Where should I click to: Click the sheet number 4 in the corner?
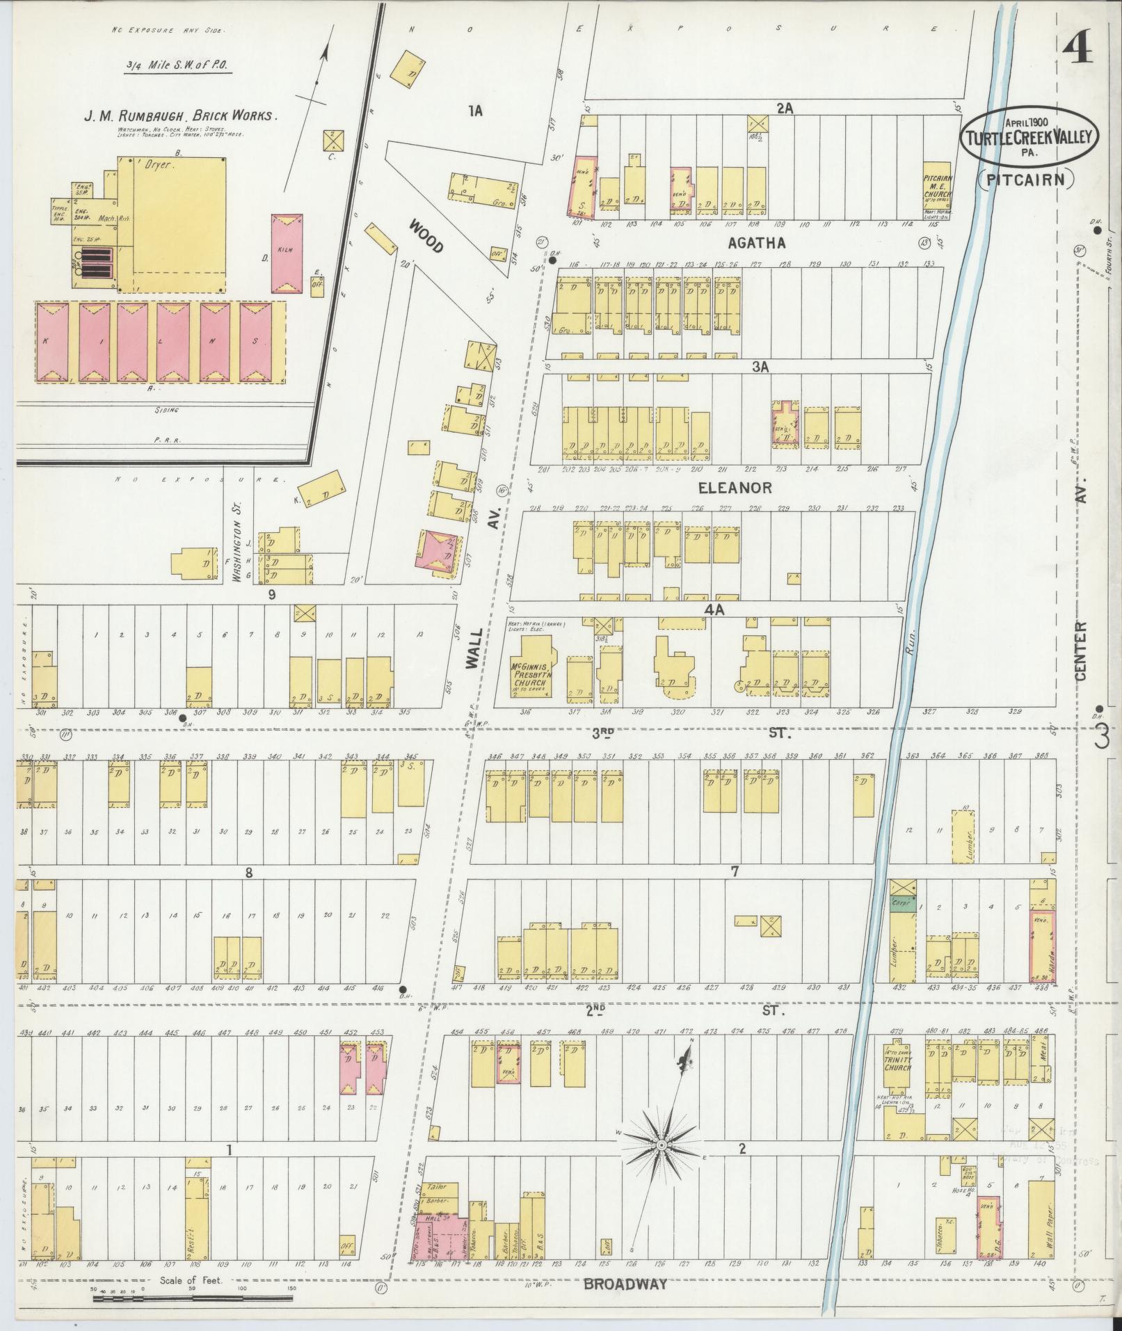(x=1076, y=51)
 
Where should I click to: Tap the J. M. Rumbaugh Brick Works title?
(x=180, y=116)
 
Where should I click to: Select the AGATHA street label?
(x=756, y=243)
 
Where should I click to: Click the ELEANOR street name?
(x=735, y=488)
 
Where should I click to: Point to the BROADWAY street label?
(x=625, y=1284)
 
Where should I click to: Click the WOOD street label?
(x=426, y=237)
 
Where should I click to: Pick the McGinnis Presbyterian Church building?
(x=532, y=669)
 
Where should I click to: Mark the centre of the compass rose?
(x=662, y=1145)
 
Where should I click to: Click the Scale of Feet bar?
(x=193, y=1298)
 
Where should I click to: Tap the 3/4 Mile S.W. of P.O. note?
(x=177, y=67)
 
